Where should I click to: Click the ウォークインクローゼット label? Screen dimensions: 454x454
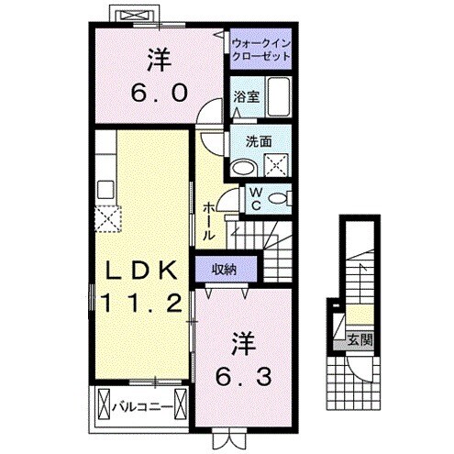click(x=260, y=49)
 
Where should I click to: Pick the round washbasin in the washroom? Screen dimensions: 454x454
click(x=242, y=168)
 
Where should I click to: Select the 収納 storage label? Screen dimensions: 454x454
click(x=224, y=270)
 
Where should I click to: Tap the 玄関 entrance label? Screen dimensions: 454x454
click(x=358, y=339)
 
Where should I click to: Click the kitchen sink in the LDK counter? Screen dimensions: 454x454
click(x=105, y=190)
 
